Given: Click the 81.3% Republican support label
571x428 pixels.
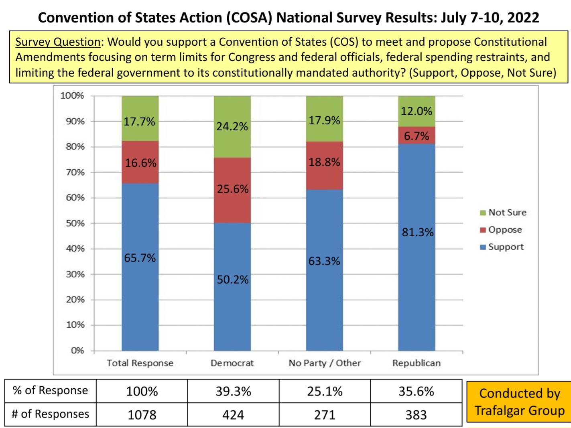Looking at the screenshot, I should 418,232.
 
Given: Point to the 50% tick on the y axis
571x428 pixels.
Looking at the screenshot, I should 75,223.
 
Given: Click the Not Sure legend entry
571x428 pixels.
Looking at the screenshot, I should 503,213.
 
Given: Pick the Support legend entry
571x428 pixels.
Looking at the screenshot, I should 502,247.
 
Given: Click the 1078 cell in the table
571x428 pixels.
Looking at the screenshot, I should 142,415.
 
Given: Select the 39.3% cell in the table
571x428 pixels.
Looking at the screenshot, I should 233,391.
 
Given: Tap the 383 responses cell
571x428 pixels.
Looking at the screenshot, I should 416,415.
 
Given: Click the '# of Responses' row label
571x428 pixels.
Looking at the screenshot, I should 51,414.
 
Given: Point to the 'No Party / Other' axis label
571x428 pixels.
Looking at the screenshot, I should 325,363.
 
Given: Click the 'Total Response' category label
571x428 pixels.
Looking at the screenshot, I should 140,363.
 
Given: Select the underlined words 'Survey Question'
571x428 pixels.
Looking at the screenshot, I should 58,42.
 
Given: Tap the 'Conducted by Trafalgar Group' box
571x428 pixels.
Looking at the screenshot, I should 519,402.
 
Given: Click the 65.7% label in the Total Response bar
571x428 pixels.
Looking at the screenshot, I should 140,258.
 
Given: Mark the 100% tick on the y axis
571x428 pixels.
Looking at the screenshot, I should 72,95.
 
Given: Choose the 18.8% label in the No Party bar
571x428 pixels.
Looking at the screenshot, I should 324,162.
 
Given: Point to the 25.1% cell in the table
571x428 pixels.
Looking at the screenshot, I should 325,391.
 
